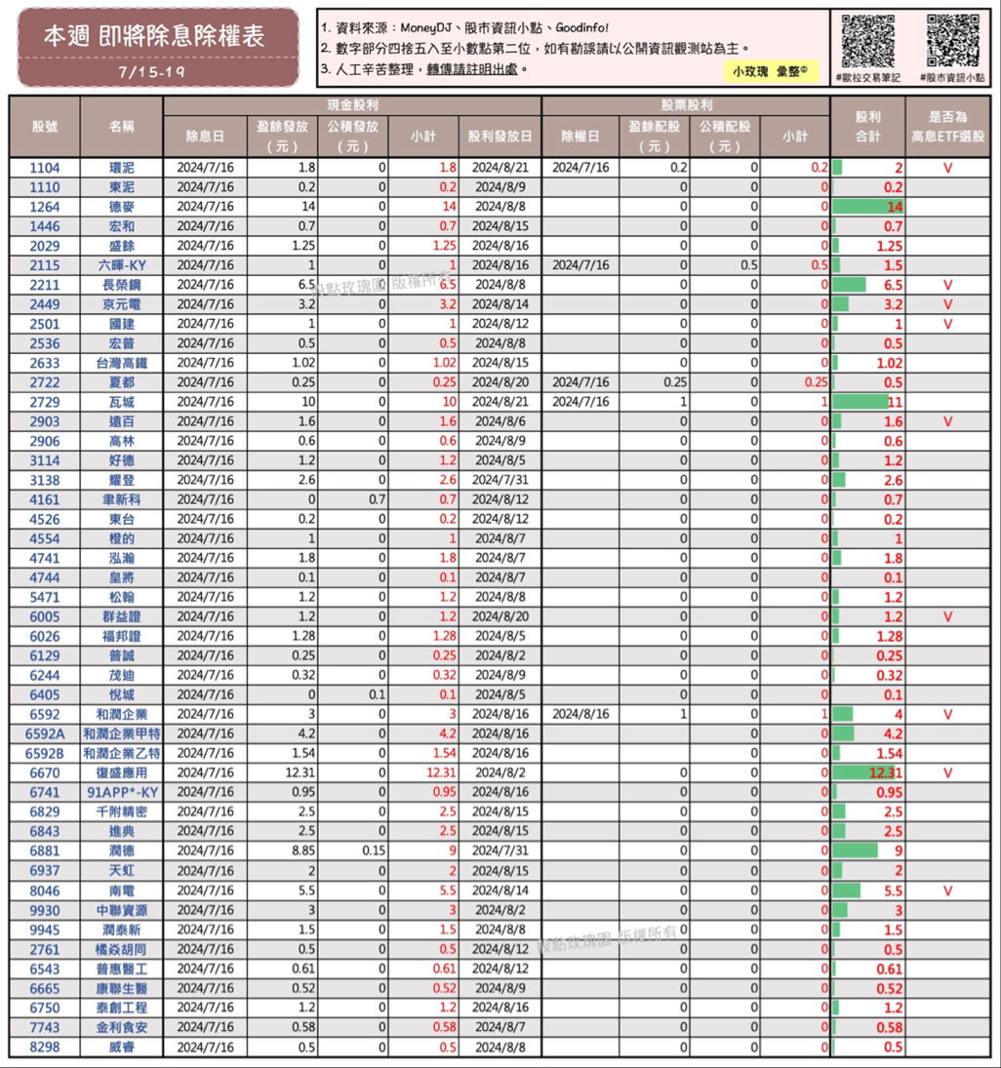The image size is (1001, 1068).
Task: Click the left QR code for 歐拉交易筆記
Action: [867, 40]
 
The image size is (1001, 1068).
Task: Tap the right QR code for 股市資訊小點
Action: [952, 40]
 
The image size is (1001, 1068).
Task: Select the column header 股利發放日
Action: [500, 138]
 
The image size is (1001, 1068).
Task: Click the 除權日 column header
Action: [581, 138]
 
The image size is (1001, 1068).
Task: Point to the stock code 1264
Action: [45, 207]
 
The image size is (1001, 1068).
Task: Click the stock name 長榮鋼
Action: [122, 285]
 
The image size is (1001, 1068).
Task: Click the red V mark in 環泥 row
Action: [947, 168]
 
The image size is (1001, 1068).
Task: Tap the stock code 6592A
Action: [45, 733]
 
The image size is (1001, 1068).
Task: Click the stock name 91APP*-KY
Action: [122, 792]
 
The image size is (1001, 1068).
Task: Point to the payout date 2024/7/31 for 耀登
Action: [500, 480]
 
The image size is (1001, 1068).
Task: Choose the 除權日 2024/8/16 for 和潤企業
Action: [581, 714]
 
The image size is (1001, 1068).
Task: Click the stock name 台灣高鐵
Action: [122, 363]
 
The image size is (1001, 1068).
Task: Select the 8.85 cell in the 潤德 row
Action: [282, 850]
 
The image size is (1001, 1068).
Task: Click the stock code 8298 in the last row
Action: [45, 1047]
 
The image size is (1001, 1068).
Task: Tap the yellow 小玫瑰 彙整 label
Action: [771, 72]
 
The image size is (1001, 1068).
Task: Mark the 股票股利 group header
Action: [686, 105]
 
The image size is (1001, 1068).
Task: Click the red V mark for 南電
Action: [947, 890]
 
